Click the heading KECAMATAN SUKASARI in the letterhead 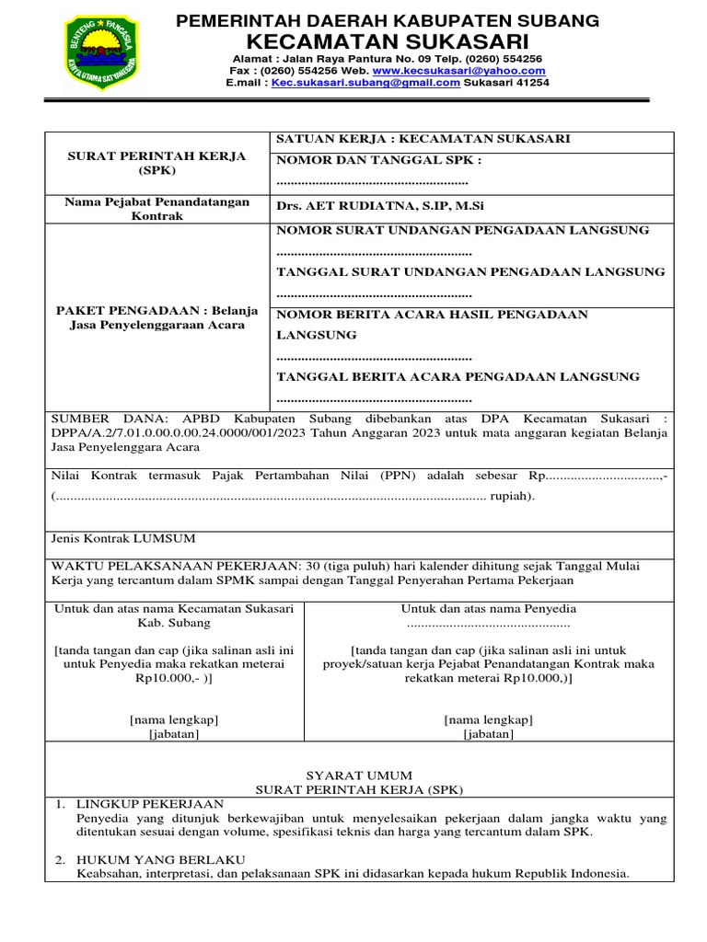pos(388,41)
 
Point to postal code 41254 pos(532,82)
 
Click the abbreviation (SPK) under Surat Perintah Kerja pos(156,170)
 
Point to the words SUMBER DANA pos(91,417)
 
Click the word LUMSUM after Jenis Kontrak pos(165,538)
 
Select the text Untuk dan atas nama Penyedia pos(488,608)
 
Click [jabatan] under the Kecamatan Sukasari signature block pos(174,733)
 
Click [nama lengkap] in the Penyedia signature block pos(488,719)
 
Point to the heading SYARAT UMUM pos(359,775)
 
